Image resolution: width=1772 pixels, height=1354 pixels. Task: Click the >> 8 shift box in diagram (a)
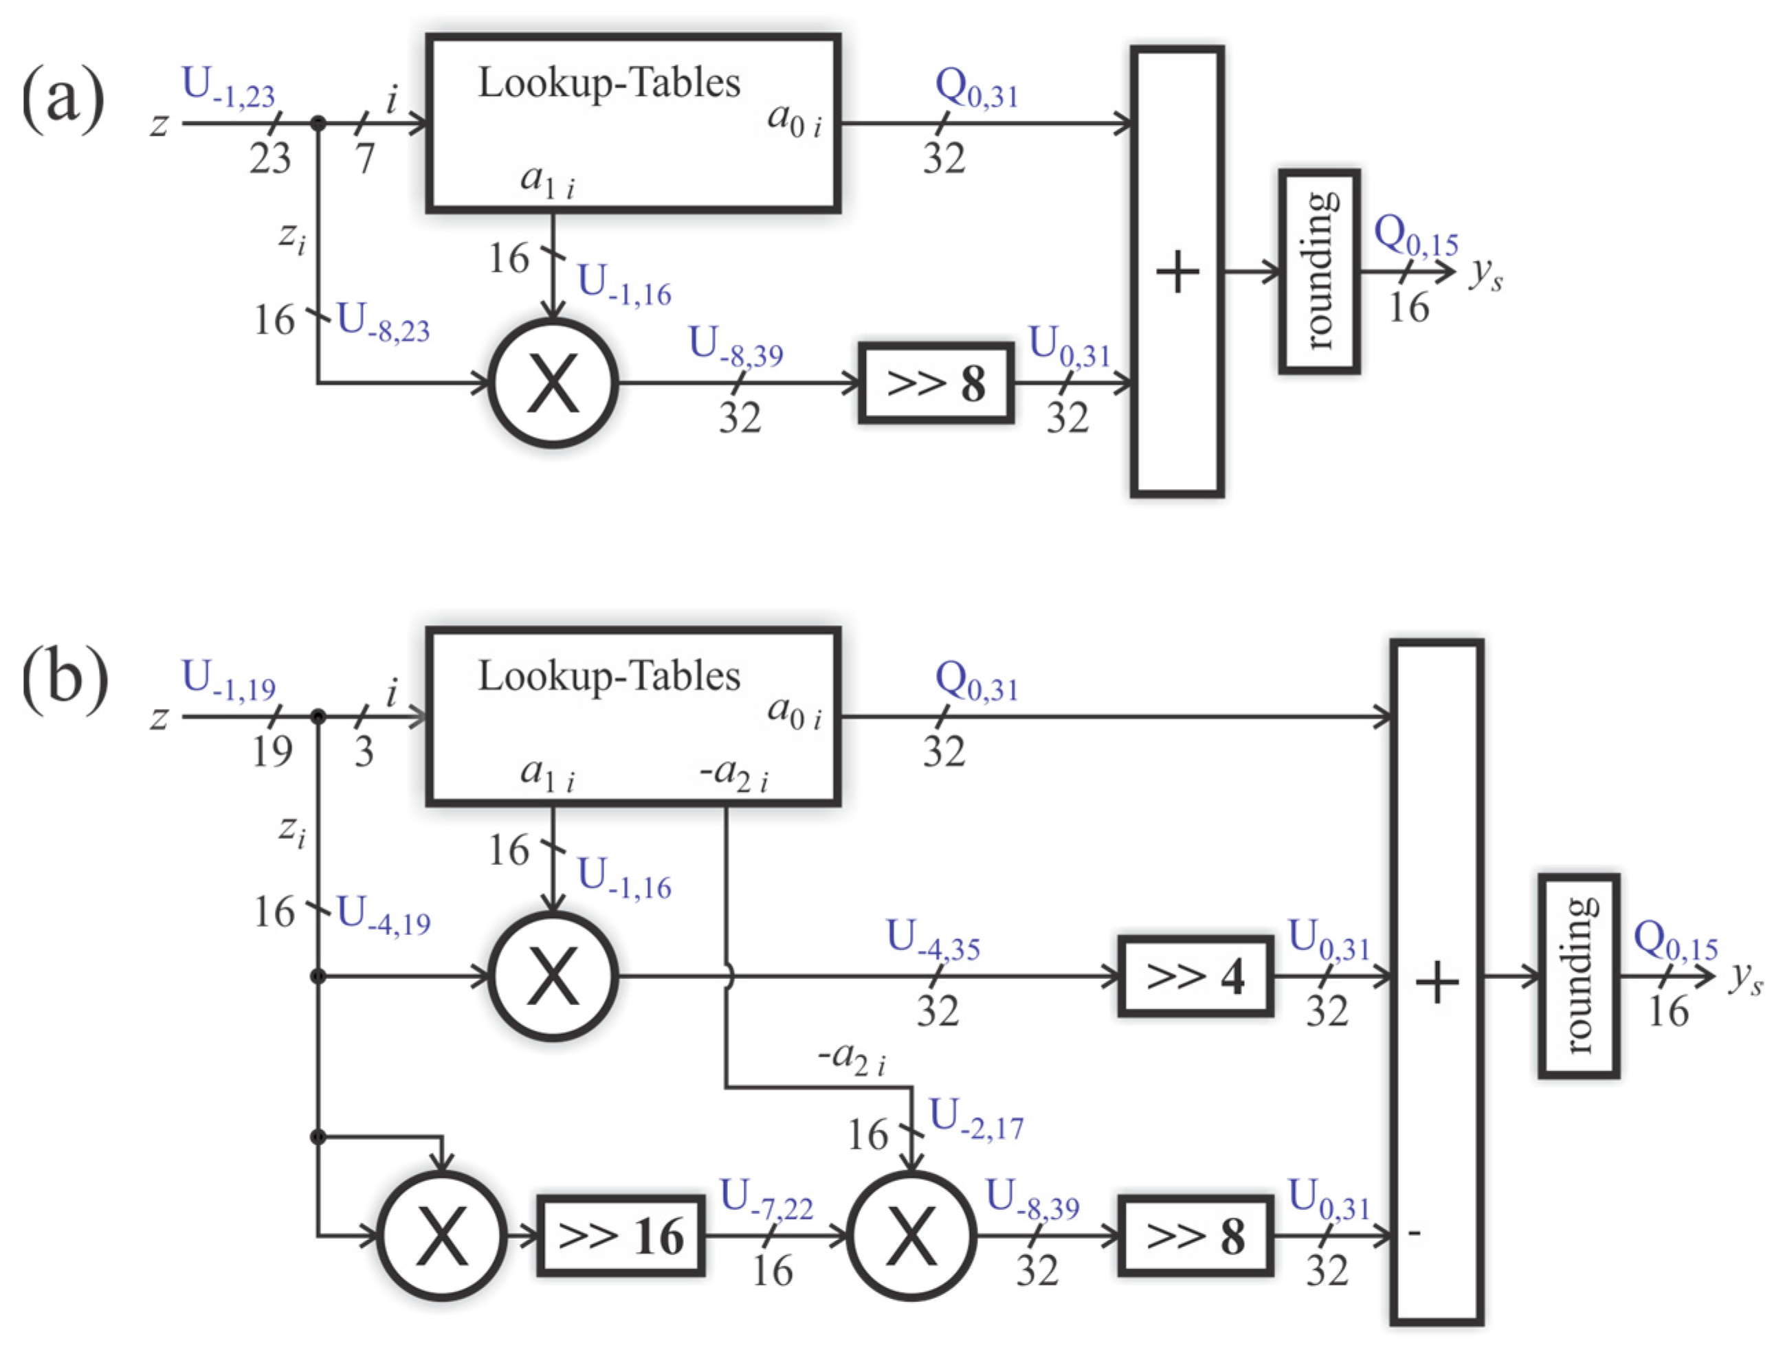coord(935,383)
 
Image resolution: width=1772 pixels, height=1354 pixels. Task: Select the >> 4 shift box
coord(1195,976)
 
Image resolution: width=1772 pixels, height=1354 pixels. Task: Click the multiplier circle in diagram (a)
coord(553,383)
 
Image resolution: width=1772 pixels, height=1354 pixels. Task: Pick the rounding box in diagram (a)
coord(1319,271)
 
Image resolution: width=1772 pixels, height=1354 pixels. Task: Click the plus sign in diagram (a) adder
coord(1177,271)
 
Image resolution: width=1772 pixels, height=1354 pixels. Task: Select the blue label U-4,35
coord(933,940)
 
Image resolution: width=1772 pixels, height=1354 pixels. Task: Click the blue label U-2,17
coord(976,1120)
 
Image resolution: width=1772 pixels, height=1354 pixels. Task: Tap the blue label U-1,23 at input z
coord(228,87)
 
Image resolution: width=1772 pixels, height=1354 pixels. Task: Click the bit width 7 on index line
coord(365,158)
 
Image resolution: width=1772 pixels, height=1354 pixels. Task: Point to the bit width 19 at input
coord(272,751)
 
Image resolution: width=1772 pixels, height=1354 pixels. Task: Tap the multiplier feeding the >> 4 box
coord(553,976)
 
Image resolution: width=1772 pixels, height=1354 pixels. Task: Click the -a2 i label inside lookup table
coord(733,776)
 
